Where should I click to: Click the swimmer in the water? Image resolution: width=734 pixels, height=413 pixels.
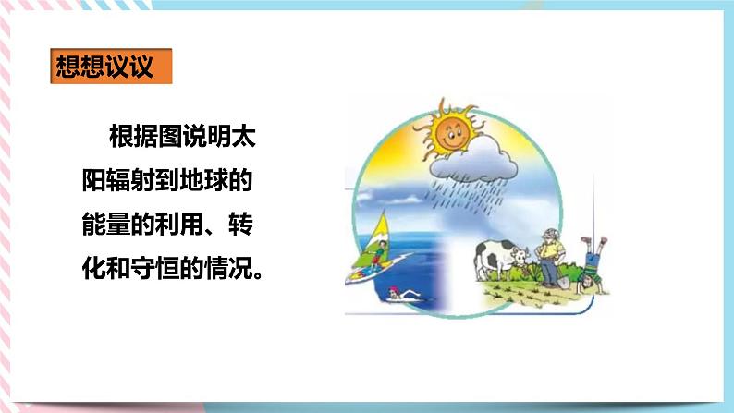click(x=395, y=294)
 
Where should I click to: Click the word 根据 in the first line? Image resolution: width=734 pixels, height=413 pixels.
click(x=138, y=139)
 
